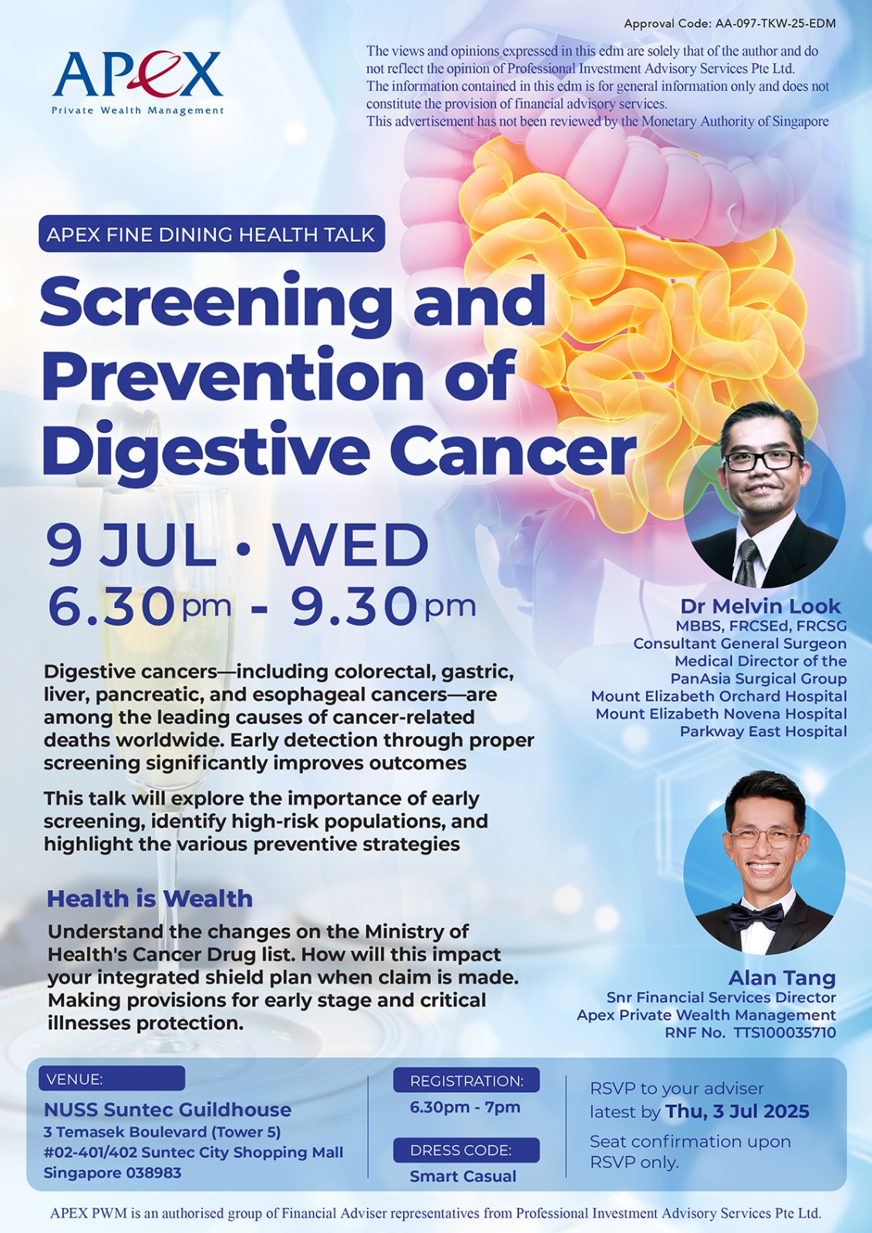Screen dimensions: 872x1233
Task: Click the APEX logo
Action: [138, 82]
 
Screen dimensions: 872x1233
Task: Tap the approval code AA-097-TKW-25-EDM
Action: [776, 24]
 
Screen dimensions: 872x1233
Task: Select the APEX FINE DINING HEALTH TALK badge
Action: [211, 234]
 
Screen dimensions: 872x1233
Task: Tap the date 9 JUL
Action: [131, 546]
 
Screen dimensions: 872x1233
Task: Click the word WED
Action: [352, 546]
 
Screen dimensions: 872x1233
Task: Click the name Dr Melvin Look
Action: [760, 606]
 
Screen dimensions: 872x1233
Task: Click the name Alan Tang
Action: [782, 978]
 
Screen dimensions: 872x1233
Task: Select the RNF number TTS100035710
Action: [784, 1033]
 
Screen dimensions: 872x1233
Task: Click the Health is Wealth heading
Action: [150, 899]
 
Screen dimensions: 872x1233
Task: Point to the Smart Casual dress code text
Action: [463, 1176]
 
